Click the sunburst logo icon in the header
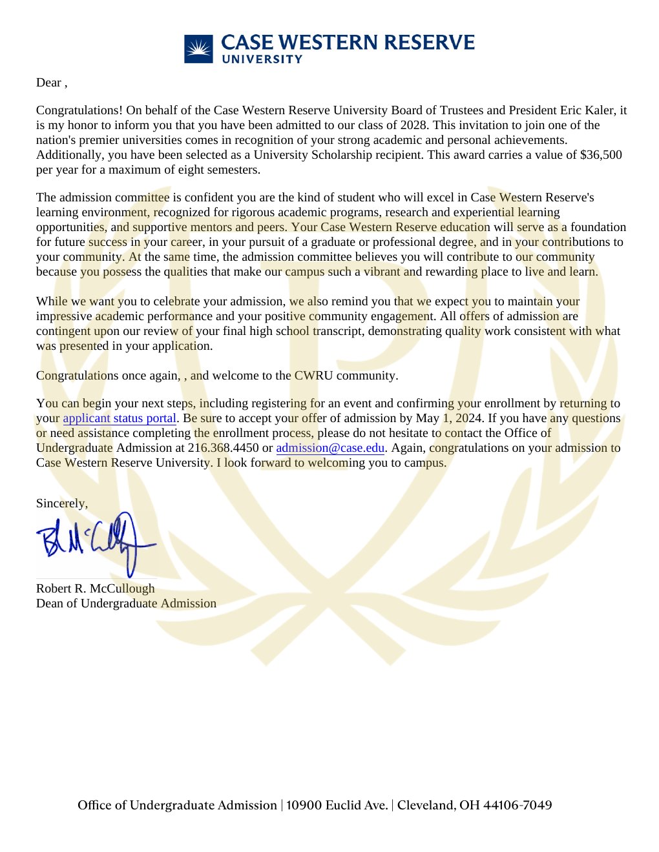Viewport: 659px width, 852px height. pos(198,49)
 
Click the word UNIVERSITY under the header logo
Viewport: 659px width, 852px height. pos(262,59)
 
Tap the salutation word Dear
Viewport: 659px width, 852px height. pos(48,83)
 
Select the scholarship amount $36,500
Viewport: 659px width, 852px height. pos(601,155)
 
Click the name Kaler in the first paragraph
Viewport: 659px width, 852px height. pos(607,110)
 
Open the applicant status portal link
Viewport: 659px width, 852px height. pos(120,418)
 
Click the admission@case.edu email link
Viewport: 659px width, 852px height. pos(330,448)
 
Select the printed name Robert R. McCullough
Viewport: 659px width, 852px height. pos(96,589)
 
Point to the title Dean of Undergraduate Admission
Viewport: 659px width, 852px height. pos(126,603)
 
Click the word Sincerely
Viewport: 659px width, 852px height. pos(61,503)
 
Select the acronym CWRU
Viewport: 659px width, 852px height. pos(313,376)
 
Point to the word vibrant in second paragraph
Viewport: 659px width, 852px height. pos(382,272)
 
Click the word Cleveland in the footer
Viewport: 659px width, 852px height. pos(426,805)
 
